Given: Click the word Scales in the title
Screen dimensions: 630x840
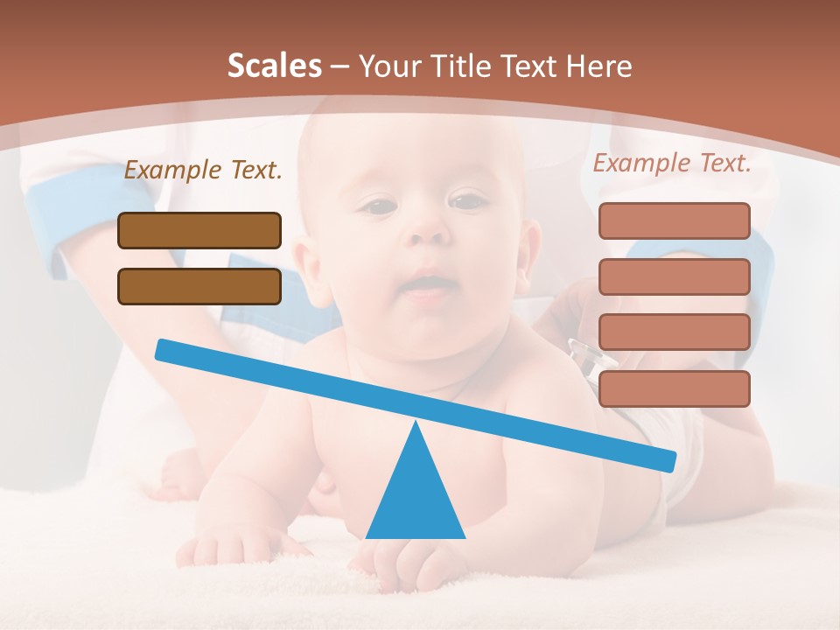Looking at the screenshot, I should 274,66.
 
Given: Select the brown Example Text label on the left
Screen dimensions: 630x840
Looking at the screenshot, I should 203,171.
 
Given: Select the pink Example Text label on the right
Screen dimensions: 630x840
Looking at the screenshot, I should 672,163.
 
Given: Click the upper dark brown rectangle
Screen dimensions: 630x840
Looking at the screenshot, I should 199,231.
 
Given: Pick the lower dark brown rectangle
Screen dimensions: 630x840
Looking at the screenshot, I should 199,286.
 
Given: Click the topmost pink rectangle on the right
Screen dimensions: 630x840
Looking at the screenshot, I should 674,220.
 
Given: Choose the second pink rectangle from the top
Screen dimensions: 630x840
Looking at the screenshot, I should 674,276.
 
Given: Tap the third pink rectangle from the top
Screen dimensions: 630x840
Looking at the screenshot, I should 674,332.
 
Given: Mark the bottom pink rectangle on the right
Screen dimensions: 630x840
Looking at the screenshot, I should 674,388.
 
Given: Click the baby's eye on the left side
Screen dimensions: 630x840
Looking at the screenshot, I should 380,207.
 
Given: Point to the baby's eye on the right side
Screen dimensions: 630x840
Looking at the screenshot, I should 469,201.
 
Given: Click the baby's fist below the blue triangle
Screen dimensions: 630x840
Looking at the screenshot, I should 411,564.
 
